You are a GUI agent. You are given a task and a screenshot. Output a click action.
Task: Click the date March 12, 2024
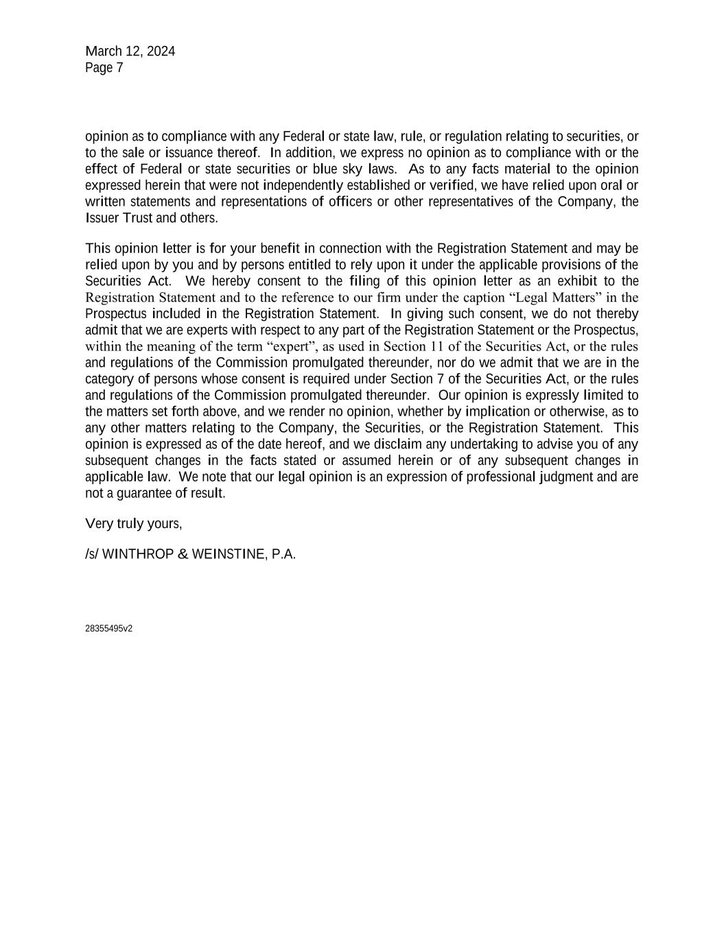[130, 51]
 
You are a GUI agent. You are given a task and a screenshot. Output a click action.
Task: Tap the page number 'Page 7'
[104, 68]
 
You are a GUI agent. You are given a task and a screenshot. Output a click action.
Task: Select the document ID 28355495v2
[108, 629]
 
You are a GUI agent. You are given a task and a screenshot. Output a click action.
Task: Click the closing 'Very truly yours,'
[134, 524]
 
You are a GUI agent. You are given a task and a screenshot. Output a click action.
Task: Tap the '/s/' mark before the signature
[92, 554]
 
